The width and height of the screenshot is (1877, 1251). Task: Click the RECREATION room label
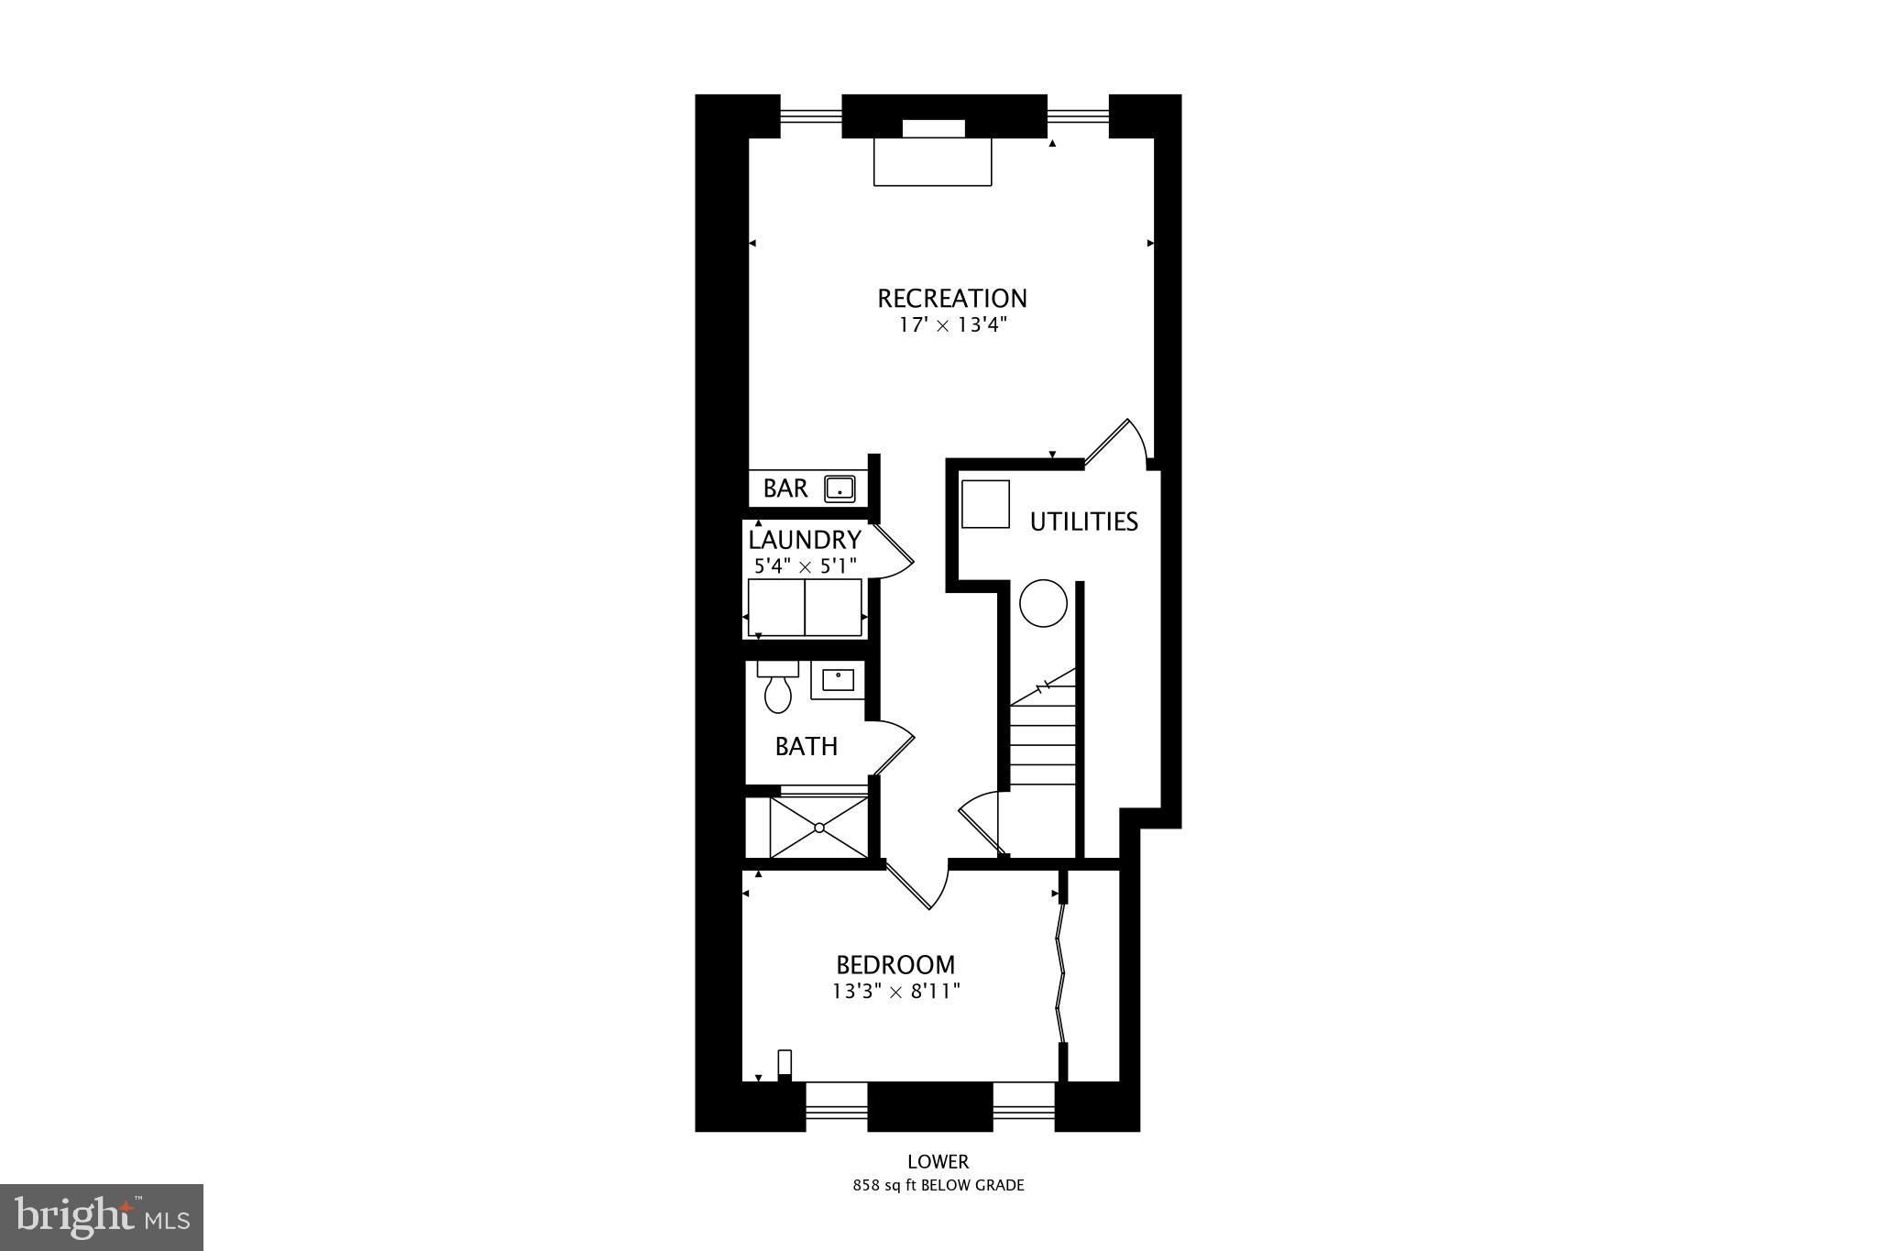(952, 299)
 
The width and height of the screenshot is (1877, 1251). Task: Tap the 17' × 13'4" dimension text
(952, 326)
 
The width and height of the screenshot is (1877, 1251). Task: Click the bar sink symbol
(840, 488)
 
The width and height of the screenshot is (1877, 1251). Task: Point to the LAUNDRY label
(805, 540)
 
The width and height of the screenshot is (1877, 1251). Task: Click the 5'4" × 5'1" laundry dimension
(805, 566)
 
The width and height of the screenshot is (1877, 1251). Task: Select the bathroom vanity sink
(838, 680)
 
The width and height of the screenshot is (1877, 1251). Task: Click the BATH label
(807, 747)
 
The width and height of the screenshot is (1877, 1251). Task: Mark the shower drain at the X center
(819, 828)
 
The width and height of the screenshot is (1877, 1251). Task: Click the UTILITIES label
(1083, 522)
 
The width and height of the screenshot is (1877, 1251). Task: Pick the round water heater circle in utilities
(1044, 604)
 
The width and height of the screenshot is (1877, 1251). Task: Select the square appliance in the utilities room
(985, 504)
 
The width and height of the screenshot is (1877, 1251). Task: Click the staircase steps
(1043, 742)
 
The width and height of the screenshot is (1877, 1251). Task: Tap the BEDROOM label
(895, 965)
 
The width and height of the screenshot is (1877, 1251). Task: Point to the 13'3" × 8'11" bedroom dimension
(895, 992)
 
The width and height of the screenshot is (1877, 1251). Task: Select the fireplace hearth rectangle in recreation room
(933, 162)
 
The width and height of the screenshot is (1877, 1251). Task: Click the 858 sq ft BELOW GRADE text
(938, 1185)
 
